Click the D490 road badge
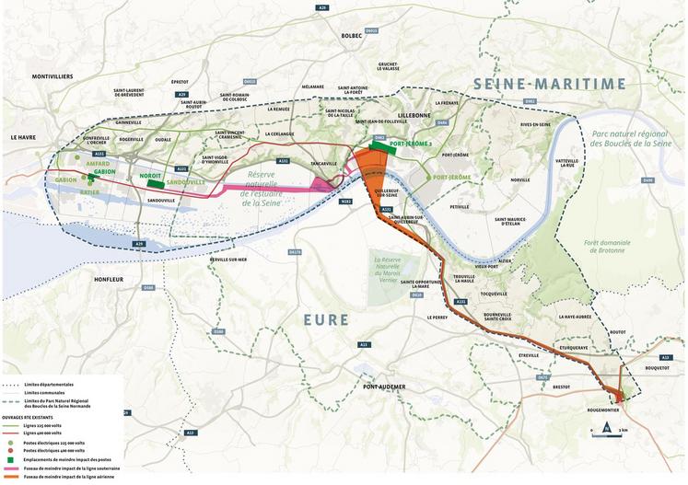tap(648, 180)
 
